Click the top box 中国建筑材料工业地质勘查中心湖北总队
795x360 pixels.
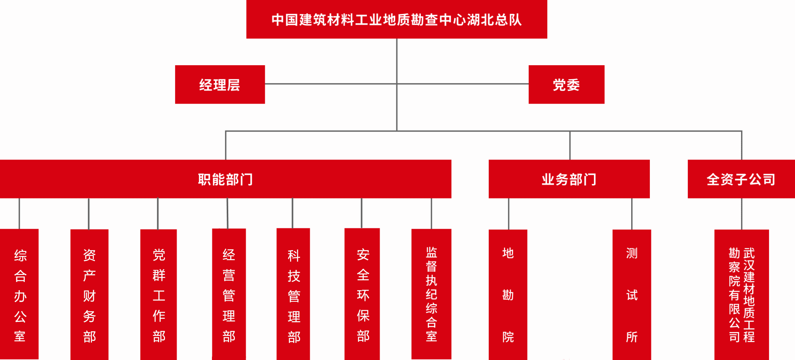(x=396, y=19)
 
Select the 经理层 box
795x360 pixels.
(x=220, y=85)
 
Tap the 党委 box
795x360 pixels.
(x=566, y=85)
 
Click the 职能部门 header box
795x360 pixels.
(x=225, y=179)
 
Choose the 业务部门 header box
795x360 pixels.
(x=569, y=179)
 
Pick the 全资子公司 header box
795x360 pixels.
(x=741, y=179)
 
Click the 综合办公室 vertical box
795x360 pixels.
(x=19, y=294)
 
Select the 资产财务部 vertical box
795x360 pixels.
(x=89, y=294)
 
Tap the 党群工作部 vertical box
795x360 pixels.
(x=158, y=294)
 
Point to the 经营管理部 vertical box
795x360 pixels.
(x=229, y=294)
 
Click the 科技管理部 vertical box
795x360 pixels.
(x=293, y=294)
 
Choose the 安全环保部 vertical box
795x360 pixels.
(x=362, y=294)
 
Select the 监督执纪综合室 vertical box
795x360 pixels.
(x=431, y=294)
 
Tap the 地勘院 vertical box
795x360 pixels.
(x=508, y=294)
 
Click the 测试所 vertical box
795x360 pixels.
(x=632, y=294)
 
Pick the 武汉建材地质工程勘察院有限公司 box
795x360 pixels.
(x=741, y=294)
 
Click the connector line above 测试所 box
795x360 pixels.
(x=632, y=214)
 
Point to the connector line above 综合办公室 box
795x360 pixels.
(x=19, y=214)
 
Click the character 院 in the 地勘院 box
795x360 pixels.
(x=508, y=337)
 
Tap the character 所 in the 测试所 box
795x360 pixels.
(x=632, y=337)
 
